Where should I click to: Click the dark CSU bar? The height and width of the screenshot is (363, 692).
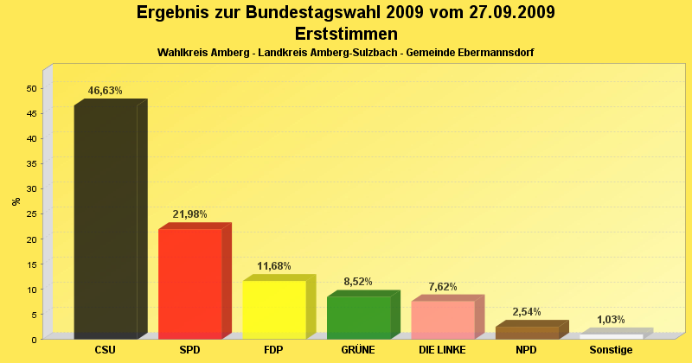pyautogui.click(x=106, y=220)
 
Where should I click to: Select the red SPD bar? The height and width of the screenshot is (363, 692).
pyautogui.click(x=190, y=283)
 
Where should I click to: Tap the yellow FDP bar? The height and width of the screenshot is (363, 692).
pyautogui.click(x=274, y=309)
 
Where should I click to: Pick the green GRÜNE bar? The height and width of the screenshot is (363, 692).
pyautogui.click(x=359, y=316)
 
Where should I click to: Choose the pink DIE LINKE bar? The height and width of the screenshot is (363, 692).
pyautogui.click(x=443, y=319)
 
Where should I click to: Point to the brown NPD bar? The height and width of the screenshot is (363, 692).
pyautogui.click(x=527, y=332)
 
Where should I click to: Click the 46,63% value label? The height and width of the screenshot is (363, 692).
pyautogui.click(x=106, y=91)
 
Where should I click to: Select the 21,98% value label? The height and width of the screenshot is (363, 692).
pyautogui.click(x=189, y=214)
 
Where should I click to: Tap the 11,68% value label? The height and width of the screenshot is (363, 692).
pyautogui.click(x=274, y=266)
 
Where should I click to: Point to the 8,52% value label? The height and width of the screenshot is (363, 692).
pyautogui.click(x=358, y=282)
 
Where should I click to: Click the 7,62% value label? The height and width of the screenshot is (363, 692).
pyautogui.click(x=443, y=287)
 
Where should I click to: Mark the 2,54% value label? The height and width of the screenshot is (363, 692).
pyautogui.click(x=527, y=312)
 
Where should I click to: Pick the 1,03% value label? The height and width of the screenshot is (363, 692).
pyautogui.click(x=611, y=320)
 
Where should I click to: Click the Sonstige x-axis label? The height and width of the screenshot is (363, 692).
pyautogui.click(x=611, y=350)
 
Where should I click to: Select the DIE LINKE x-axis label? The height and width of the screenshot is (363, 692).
pyautogui.click(x=442, y=350)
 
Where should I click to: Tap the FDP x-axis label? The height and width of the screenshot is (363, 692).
pyautogui.click(x=274, y=350)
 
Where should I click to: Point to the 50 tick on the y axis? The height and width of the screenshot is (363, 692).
pyautogui.click(x=31, y=88)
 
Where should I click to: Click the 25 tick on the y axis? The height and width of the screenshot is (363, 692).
pyautogui.click(x=31, y=213)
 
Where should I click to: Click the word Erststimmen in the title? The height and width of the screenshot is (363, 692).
pyautogui.click(x=346, y=34)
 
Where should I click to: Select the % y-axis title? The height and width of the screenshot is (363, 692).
pyautogui.click(x=16, y=201)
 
